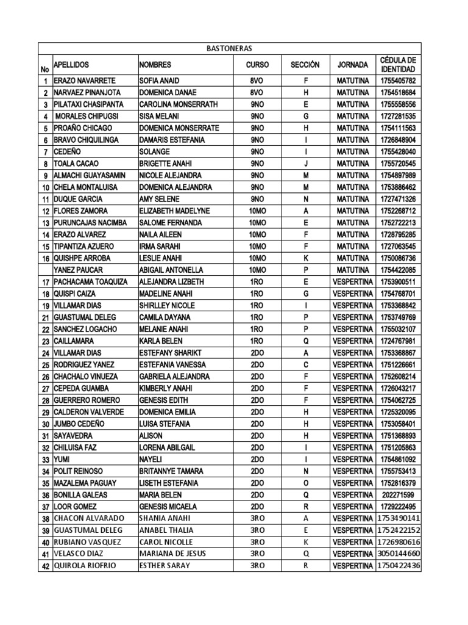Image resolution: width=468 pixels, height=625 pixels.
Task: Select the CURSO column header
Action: (257, 65)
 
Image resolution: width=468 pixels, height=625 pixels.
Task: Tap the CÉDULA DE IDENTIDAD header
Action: (398, 65)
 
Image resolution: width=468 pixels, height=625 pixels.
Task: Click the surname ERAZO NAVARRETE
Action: (85, 81)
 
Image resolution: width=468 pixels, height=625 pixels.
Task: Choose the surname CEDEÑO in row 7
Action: (68, 151)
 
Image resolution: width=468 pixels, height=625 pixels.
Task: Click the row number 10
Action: (46, 187)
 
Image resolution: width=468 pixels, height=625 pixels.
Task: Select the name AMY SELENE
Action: (160, 199)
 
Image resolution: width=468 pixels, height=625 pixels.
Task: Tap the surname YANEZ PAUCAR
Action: (80, 270)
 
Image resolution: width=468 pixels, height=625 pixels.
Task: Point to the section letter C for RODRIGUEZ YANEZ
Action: (307, 364)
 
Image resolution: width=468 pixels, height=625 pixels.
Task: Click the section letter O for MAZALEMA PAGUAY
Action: (307, 483)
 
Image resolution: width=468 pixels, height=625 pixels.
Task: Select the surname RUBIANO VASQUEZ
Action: (88, 542)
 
